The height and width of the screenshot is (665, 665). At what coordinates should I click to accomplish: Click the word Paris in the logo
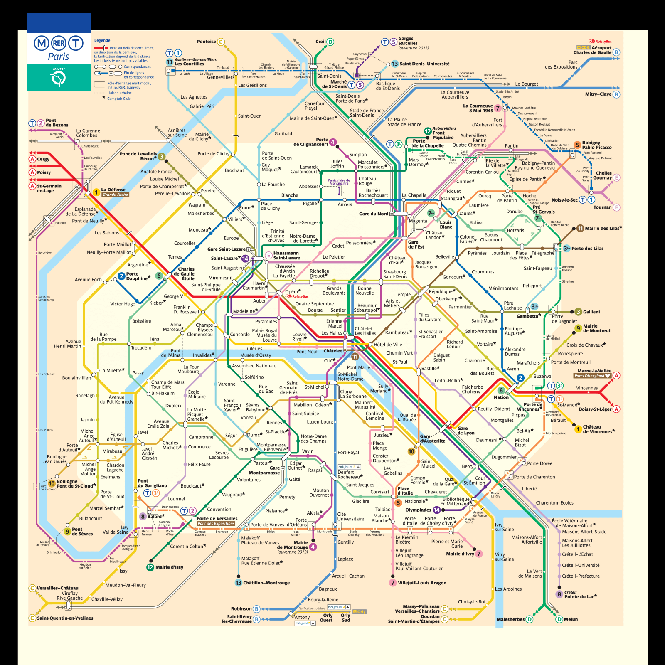click(58, 57)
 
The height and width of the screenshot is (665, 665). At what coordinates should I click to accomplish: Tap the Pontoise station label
click(206, 42)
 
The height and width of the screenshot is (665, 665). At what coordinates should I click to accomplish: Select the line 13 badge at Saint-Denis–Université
click(395, 64)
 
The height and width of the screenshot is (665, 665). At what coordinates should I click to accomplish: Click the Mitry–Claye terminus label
click(598, 94)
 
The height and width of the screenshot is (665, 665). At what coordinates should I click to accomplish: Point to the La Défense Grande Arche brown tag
click(115, 195)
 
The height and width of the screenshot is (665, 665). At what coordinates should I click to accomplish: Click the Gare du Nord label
click(373, 214)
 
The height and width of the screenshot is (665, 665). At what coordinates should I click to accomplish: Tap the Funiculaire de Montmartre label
click(339, 182)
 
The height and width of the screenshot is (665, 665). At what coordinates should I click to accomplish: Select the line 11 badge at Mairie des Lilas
click(580, 228)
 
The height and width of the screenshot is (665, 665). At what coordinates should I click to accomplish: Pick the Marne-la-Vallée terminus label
click(594, 371)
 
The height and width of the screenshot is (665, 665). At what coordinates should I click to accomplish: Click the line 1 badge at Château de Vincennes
click(578, 429)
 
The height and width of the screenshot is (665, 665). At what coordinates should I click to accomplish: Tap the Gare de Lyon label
click(465, 431)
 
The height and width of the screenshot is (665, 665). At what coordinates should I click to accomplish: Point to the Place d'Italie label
click(405, 491)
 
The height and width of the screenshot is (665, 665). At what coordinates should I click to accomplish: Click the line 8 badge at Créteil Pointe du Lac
click(559, 594)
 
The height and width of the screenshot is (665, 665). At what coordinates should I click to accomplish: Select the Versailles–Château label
click(57, 588)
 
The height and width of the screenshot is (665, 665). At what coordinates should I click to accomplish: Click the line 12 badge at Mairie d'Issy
click(150, 567)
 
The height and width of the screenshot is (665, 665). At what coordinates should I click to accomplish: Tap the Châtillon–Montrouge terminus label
click(266, 583)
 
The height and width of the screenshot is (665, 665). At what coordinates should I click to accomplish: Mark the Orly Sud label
click(345, 618)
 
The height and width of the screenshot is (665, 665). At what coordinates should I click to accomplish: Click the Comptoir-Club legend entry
click(118, 99)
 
